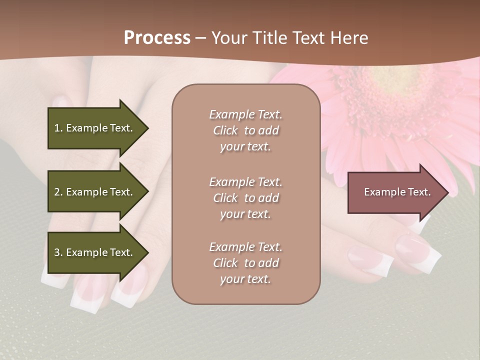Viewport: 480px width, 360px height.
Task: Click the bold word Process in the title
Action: (157, 38)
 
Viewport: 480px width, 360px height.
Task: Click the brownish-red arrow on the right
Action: (395, 192)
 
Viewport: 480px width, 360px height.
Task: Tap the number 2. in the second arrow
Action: (58, 192)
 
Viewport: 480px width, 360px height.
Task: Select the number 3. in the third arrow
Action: (58, 252)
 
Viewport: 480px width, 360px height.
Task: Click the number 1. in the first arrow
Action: (58, 128)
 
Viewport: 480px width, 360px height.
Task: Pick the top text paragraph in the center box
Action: (245, 130)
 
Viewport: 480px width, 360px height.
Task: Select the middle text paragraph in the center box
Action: (245, 198)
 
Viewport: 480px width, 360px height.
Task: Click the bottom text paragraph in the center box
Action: (245, 263)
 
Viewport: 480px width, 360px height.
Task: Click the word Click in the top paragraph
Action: (225, 130)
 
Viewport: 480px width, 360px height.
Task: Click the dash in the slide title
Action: (201, 38)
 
